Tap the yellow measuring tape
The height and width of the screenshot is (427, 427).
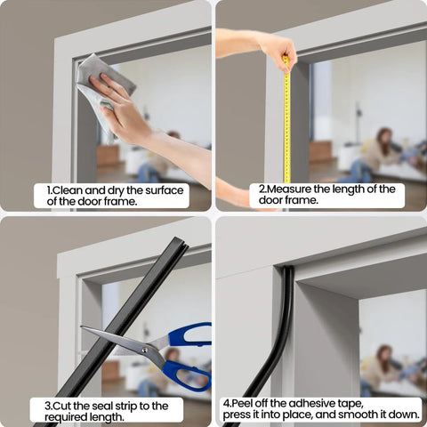(286, 125)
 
